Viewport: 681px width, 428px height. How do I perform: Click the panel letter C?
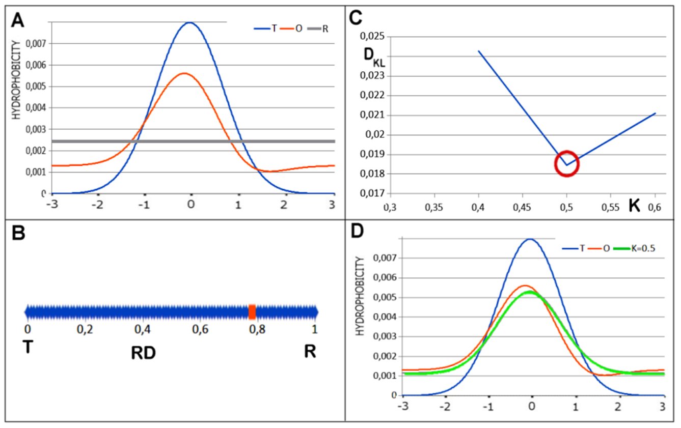(356, 18)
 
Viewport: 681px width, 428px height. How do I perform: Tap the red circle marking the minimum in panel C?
(566, 164)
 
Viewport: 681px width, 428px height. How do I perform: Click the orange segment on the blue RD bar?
(252, 311)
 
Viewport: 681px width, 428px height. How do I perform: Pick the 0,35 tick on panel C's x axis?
(433, 208)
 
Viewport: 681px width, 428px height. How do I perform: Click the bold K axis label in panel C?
(634, 207)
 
